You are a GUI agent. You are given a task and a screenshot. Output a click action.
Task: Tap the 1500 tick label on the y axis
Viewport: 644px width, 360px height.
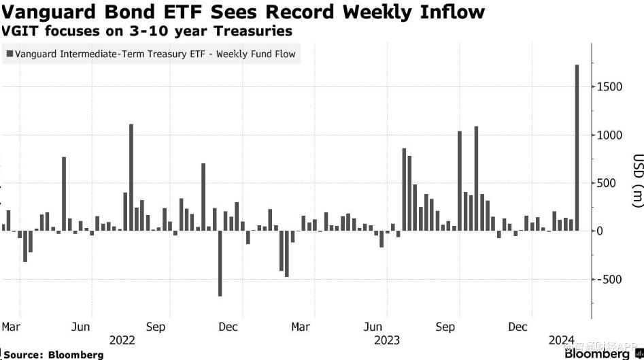(609, 87)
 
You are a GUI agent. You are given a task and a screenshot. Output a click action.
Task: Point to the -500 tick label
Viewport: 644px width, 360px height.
(609, 280)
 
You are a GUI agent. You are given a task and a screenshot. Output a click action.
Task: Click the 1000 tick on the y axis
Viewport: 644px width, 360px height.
(609, 135)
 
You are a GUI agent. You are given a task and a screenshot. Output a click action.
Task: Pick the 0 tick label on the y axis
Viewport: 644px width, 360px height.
(600, 231)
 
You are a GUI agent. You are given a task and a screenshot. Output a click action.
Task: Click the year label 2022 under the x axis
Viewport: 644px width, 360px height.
(122, 340)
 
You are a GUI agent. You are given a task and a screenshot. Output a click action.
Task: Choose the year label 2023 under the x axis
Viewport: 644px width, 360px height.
(386, 340)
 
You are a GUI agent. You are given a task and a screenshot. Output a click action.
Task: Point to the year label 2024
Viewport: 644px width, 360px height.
(562, 340)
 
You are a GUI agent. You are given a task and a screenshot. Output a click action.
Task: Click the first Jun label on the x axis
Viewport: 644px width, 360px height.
(81, 327)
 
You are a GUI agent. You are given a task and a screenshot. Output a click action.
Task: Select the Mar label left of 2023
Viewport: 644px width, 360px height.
(301, 327)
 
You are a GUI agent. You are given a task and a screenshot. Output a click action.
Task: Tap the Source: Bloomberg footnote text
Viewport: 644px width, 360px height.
(53, 355)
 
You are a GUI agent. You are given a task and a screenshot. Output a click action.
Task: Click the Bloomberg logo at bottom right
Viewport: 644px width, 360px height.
(601, 354)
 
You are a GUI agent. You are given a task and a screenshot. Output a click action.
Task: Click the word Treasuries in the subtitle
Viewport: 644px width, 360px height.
(258, 31)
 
